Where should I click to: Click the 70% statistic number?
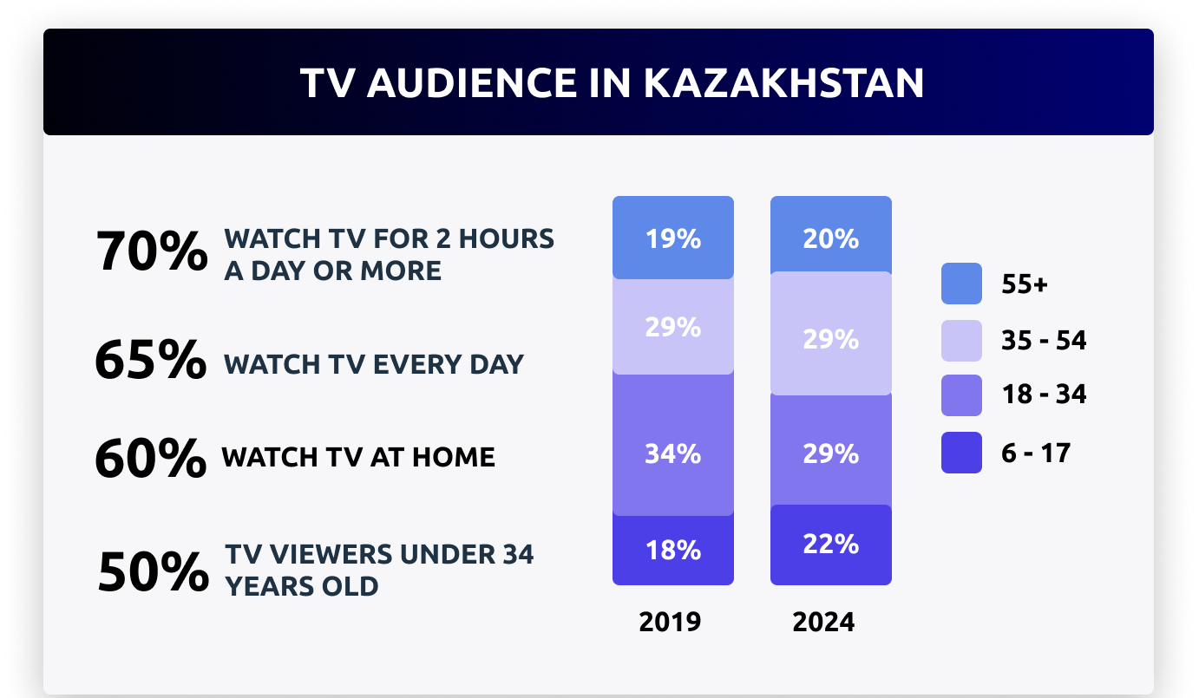pyautogui.click(x=152, y=253)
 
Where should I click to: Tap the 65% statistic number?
pyautogui.click(x=150, y=361)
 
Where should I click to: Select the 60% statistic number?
pyautogui.click(x=150, y=459)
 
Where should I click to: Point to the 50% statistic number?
pyautogui.click(x=153, y=571)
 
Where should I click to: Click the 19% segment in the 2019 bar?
pyautogui.click(x=673, y=238)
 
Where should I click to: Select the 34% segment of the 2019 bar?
pyautogui.click(x=673, y=453)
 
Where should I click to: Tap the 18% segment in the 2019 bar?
pyautogui.click(x=673, y=550)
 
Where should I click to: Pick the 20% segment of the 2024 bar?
pyautogui.click(x=831, y=238)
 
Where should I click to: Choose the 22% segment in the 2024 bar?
pyautogui.click(x=831, y=545)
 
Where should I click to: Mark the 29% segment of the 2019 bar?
pyautogui.click(x=673, y=327)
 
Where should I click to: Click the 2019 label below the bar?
pyautogui.click(x=670, y=622)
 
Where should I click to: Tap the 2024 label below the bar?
pyautogui.click(x=823, y=622)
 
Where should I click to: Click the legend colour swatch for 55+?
pyautogui.click(x=961, y=284)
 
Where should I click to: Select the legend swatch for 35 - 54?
pyautogui.click(x=961, y=340)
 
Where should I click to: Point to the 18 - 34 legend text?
pyautogui.click(x=1044, y=395)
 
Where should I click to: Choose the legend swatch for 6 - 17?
pyautogui.click(x=961, y=452)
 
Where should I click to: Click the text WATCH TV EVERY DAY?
pyautogui.click(x=374, y=363)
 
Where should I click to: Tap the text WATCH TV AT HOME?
pyautogui.click(x=358, y=457)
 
